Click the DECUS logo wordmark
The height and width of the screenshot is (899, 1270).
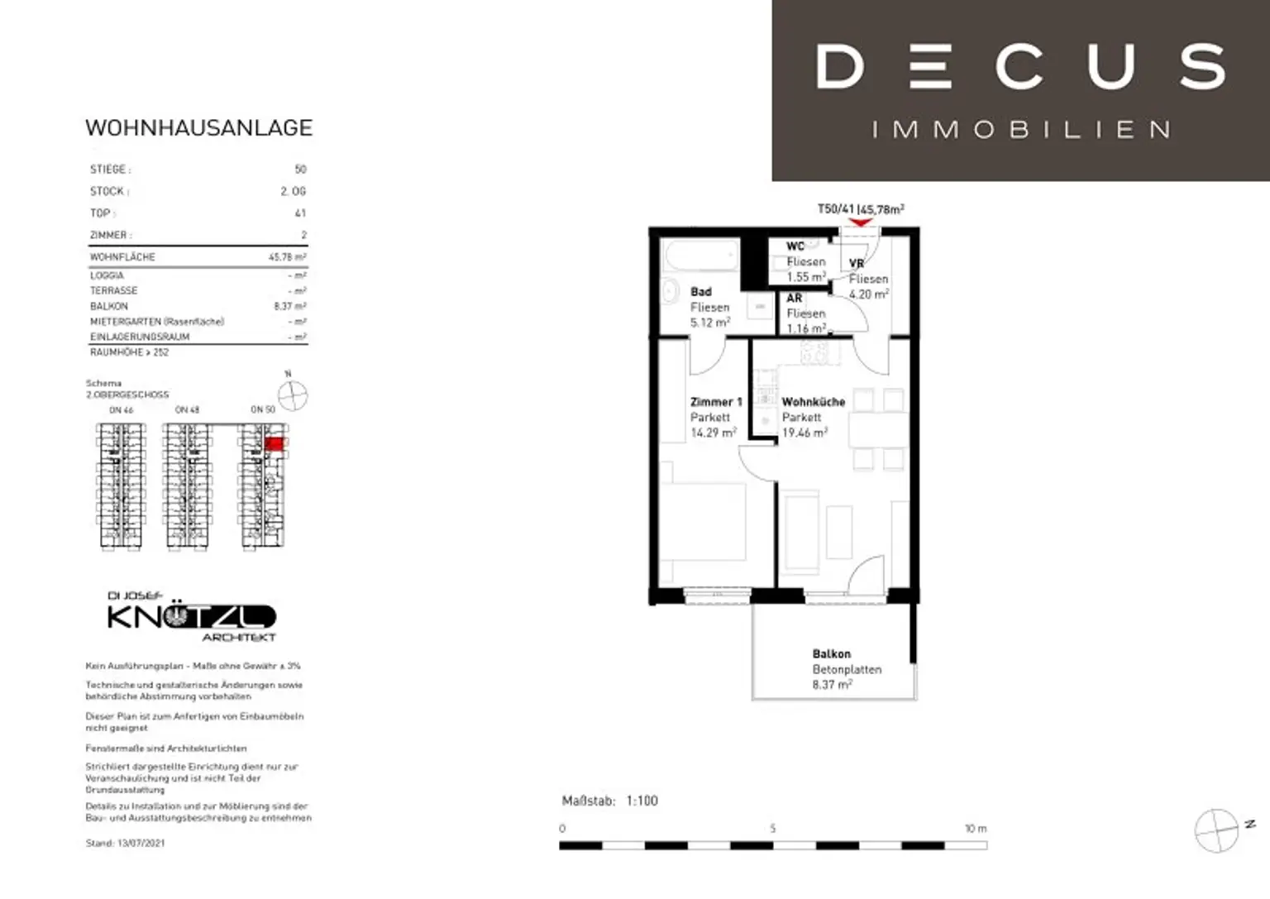[x=1020, y=67]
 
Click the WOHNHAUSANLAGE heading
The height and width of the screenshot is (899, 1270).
[x=198, y=128]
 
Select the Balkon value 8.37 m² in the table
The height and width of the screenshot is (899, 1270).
[x=289, y=306]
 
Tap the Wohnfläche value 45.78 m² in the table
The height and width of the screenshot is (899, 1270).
[x=287, y=257]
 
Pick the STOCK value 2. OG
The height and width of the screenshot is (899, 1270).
[x=293, y=191]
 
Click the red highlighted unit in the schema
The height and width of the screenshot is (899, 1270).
[x=275, y=444]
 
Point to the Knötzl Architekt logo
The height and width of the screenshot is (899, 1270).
[x=191, y=617]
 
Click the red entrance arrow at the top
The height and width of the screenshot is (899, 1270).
[x=861, y=222]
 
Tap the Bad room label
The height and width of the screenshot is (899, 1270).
[x=701, y=292]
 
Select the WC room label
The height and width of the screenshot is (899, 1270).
[x=795, y=246]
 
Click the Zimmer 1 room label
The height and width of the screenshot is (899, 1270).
[x=716, y=402]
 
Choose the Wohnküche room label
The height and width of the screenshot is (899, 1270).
[x=814, y=402]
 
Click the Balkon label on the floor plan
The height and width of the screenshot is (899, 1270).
[x=831, y=653]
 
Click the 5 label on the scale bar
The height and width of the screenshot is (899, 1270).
[x=772, y=828]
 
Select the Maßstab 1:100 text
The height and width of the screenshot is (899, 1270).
[x=610, y=801]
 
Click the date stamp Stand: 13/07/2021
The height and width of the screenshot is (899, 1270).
[x=125, y=843]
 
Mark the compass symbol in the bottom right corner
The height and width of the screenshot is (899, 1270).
[x=1217, y=830]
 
